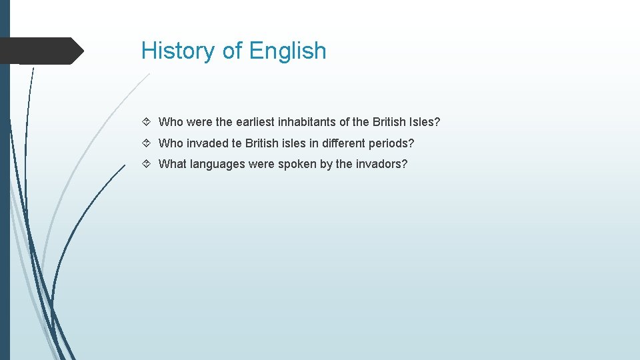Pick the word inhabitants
tap(313, 122)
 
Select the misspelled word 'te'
tap(237, 143)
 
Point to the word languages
tap(217, 164)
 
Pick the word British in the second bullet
tap(262, 143)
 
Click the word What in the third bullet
tap(172, 164)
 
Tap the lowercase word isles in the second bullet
tap(294, 143)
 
